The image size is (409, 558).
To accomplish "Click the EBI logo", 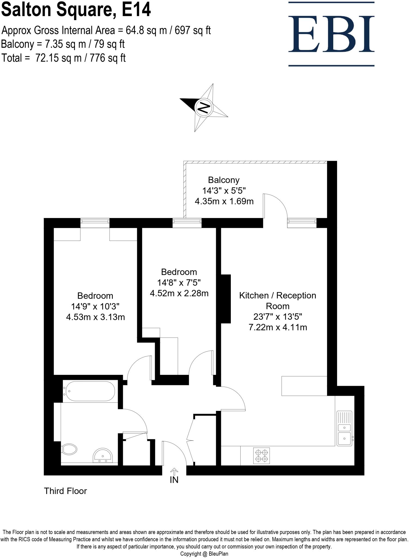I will click(x=331, y=34).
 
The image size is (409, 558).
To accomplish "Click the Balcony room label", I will click(x=224, y=180).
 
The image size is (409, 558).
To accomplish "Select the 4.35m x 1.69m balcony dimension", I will click(x=224, y=201).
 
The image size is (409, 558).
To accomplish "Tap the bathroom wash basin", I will click(x=102, y=456).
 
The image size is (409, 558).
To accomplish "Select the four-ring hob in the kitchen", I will click(x=261, y=456).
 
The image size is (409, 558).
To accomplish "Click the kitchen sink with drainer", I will click(x=344, y=428).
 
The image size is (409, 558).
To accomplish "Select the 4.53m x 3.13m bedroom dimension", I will click(x=95, y=317).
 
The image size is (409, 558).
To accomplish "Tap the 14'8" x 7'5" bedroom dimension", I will click(x=179, y=283).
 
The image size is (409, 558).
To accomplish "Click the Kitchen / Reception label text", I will click(x=277, y=296).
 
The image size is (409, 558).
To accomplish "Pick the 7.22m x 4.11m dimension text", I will click(x=278, y=327).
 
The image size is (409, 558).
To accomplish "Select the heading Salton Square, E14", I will click(x=76, y=10).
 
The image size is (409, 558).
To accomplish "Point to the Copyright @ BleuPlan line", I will click(x=204, y=554).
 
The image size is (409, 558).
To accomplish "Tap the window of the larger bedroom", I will click(x=95, y=223).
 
